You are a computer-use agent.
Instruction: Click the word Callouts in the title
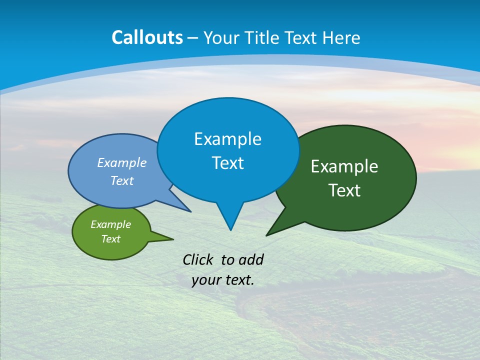coord(147,38)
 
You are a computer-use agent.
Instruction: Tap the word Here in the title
coord(341,38)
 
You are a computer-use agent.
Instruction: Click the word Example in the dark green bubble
coord(344,166)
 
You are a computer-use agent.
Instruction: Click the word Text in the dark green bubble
coord(344,190)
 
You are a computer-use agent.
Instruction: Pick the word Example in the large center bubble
coord(227,139)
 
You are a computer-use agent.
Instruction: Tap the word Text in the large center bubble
coord(227,163)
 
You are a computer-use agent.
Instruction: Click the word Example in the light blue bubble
coord(122,163)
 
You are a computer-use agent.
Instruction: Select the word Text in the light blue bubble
coord(122,181)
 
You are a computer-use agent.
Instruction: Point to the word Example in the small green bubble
coord(110,224)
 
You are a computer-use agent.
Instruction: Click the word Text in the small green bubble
coord(110,239)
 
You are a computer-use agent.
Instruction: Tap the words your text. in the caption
coord(222,280)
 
